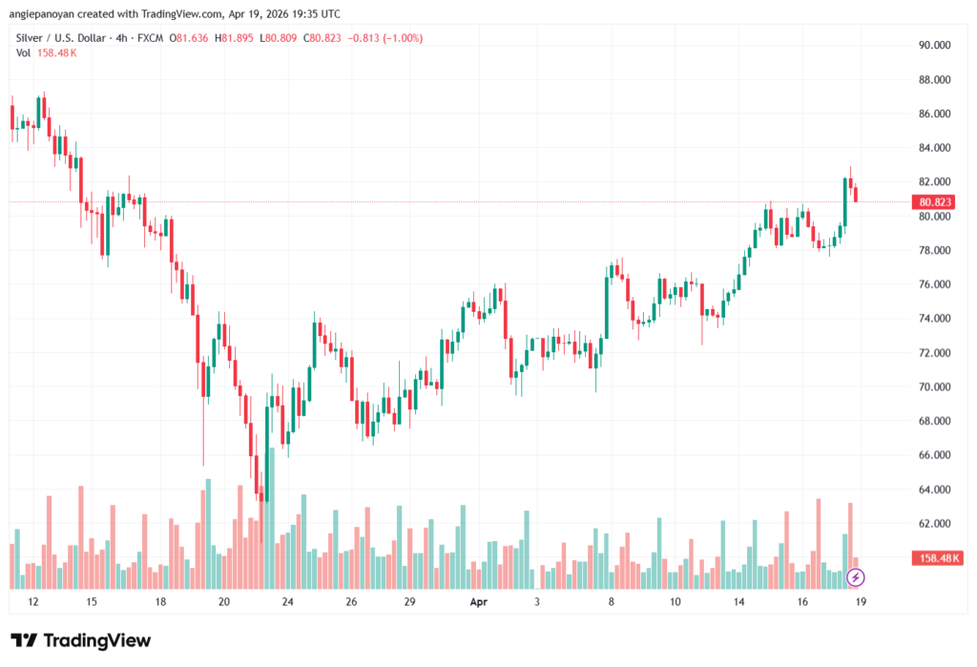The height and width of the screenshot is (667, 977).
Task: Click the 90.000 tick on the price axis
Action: click(x=934, y=45)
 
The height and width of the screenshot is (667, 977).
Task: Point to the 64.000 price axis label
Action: click(x=934, y=490)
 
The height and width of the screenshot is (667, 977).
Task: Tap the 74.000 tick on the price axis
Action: click(x=934, y=319)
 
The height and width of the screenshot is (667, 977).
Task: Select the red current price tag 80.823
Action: click(x=935, y=202)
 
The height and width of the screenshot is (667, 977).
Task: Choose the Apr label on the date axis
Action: click(x=480, y=602)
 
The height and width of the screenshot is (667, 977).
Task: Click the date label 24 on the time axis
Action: click(x=286, y=602)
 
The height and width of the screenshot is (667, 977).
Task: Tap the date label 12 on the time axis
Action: click(x=33, y=602)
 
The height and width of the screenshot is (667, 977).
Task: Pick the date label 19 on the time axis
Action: click(x=862, y=602)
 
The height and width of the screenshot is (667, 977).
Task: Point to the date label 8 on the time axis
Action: click(x=611, y=602)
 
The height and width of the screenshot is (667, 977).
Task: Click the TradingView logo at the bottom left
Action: click(x=80, y=640)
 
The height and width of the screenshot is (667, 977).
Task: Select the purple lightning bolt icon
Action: click(x=856, y=577)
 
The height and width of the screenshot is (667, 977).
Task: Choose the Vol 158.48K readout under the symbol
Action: click(x=47, y=52)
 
